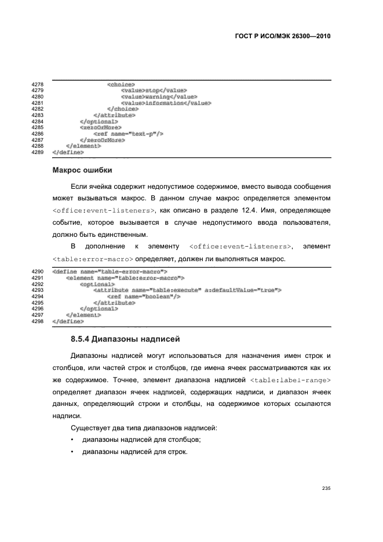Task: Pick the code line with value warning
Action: coord(159,97)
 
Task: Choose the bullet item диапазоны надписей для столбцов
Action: coord(134,440)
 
